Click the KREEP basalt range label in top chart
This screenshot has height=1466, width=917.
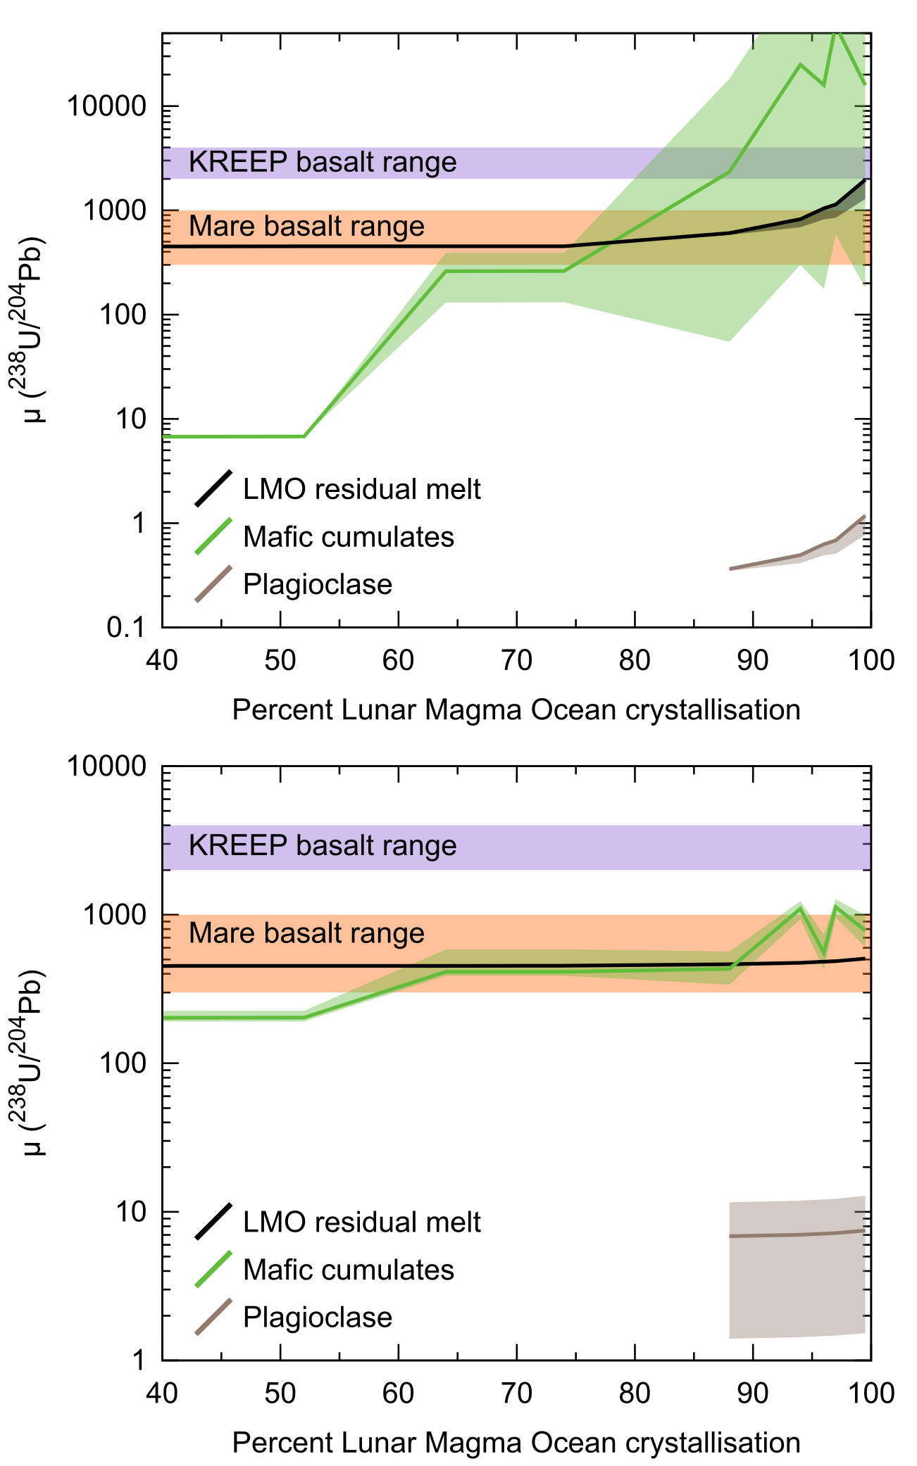pos(323,163)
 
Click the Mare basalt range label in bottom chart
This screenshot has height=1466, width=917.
pos(306,933)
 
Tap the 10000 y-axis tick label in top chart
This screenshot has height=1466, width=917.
pos(106,106)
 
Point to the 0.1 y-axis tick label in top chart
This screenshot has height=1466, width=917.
pos(126,627)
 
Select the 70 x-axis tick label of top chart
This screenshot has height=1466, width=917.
pos(516,660)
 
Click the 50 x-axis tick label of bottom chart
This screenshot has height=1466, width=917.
pos(280,1393)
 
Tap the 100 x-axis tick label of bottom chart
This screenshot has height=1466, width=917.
pos(871,1393)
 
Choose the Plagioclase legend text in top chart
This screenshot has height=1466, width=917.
pos(317,584)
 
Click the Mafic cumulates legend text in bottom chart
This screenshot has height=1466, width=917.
pos(348,1270)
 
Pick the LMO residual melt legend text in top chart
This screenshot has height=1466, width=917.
pos(361,489)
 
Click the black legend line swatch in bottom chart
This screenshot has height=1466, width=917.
pos(213,1222)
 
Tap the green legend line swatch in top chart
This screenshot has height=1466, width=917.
pos(213,536)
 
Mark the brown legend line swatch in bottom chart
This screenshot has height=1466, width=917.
pos(213,1316)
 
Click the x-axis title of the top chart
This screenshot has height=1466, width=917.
pos(516,710)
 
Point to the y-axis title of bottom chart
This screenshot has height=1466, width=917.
pos(28,1063)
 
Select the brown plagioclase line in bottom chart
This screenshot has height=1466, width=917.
pos(796,1235)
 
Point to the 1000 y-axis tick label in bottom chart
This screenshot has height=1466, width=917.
pos(114,915)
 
